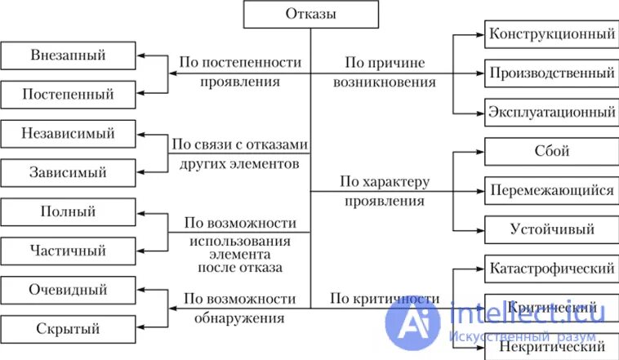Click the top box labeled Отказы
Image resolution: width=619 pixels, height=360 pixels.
click(310, 14)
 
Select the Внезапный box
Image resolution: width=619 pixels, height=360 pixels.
click(69, 56)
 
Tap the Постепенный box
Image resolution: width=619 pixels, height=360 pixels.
click(69, 94)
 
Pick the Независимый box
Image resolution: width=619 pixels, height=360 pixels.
click(69, 133)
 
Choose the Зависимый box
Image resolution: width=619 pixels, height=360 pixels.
click(69, 172)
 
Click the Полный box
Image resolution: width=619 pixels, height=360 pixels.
click(69, 211)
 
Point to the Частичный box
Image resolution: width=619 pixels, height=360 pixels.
click(69, 250)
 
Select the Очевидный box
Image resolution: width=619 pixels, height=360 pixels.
click(69, 290)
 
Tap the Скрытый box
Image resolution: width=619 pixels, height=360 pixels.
click(69, 329)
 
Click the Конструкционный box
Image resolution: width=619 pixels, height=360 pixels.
click(551, 34)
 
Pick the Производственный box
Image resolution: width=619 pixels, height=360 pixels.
click(551, 73)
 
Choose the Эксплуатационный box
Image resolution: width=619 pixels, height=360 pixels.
click(551, 111)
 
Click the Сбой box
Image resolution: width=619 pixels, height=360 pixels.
click(551, 151)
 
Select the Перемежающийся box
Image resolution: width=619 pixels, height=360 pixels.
click(551, 190)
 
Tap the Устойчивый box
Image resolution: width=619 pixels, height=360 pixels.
click(551, 229)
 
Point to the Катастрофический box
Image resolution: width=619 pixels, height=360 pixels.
click(551, 268)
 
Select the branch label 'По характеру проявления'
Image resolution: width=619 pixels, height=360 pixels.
click(383, 190)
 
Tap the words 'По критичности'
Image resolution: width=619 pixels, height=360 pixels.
click(385, 299)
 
